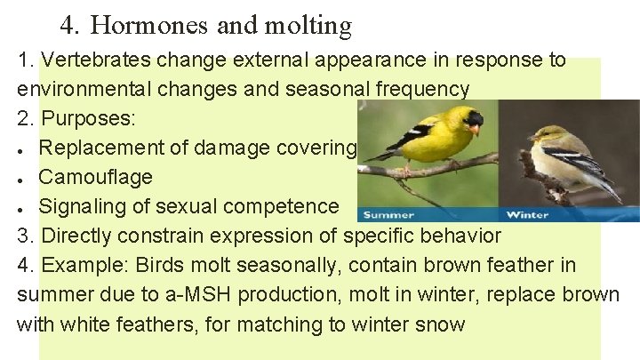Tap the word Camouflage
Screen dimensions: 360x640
point(96,177)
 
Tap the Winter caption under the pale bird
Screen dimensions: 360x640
point(527,214)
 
